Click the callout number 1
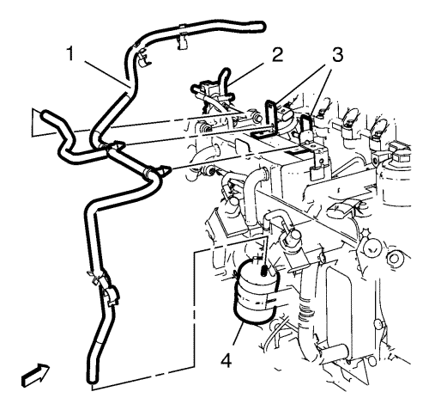[70, 54]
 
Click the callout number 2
[277, 54]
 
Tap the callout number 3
[338, 55]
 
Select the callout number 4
[227, 360]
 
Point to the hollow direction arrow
[35, 375]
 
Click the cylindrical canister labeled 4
[255, 291]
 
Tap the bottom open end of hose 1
[92, 380]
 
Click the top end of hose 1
[262, 26]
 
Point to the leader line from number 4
[237, 337]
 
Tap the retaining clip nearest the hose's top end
[182, 40]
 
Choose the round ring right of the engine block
[395, 259]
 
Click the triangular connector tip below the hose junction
[166, 171]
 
